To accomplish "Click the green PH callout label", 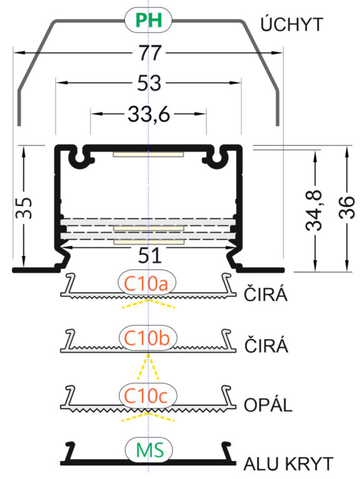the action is (x=148, y=20).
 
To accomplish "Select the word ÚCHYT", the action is (x=291, y=24).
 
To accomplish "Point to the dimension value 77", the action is (x=150, y=52).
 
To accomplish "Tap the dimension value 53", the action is (x=149, y=83).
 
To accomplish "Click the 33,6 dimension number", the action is (x=148, y=114).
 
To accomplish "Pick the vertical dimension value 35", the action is (x=24, y=208).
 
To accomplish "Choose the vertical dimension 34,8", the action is (x=314, y=210).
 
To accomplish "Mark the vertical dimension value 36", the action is (x=347, y=208).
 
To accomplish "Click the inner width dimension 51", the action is (x=150, y=255).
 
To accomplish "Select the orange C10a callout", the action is (x=147, y=284).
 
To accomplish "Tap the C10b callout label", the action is (x=147, y=338).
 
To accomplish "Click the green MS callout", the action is (x=150, y=450).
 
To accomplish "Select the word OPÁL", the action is (x=268, y=404).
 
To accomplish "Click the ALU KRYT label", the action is (x=288, y=464).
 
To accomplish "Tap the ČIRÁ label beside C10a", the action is (x=266, y=294).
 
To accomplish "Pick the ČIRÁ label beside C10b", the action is (x=266, y=344).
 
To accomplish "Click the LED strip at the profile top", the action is (x=148, y=154).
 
